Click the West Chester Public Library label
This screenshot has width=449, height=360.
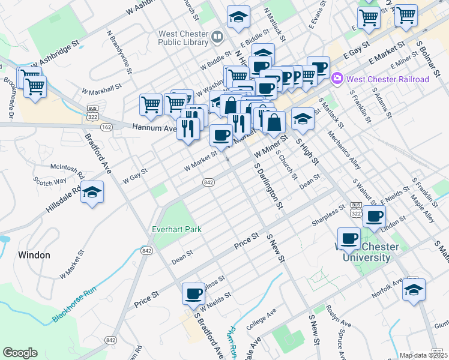tap(183, 38)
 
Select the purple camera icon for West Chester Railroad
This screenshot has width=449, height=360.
tap(337, 79)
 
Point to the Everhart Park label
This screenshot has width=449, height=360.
tap(176, 229)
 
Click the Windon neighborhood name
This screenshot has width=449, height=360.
tap(34, 255)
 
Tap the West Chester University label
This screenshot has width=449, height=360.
tap(366, 253)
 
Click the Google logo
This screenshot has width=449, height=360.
tap(20, 353)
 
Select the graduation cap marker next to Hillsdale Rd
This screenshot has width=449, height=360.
tap(92, 192)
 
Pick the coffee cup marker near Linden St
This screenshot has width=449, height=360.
tap(375, 217)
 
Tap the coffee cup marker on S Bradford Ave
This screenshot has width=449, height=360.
tap(193, 294)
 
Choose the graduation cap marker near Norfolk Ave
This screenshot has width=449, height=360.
tap(414, 290)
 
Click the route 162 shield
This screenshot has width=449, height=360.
tap(107, 127)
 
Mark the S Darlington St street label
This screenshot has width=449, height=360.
tap(268, 185)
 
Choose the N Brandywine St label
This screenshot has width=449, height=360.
tap(119, 53)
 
